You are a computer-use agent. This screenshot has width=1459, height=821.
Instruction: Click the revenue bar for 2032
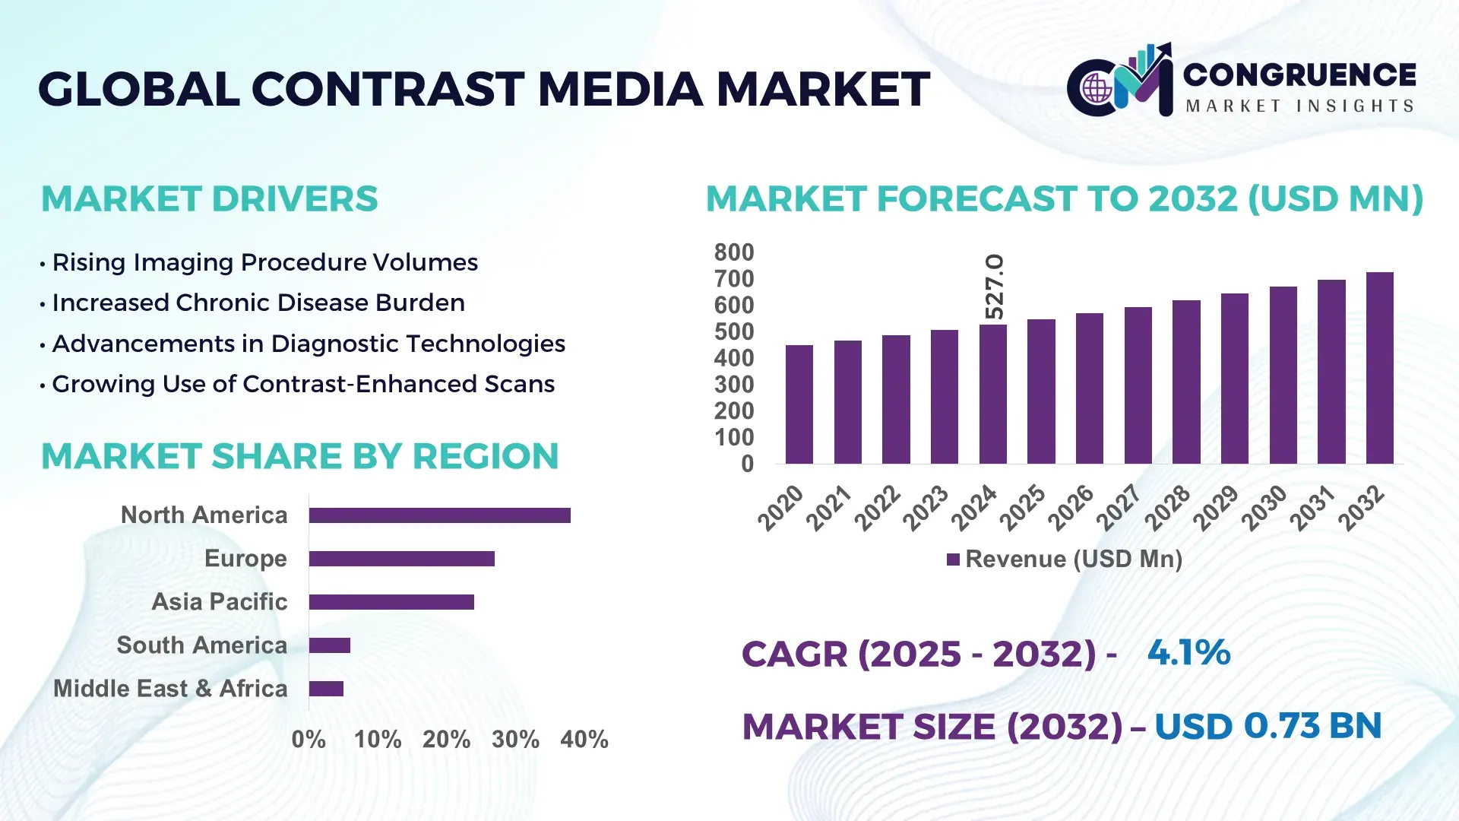[x=1379, y=369]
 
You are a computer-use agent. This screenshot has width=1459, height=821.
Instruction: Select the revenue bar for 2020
[x=799, y=404]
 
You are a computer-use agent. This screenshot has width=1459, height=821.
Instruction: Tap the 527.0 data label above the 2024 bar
[x=994, y=287]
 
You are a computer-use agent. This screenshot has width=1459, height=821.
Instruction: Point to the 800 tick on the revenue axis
[x=733, y=252]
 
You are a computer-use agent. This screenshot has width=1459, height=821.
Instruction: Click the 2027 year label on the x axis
[x=1119, y=507]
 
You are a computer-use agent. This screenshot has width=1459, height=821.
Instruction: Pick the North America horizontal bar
[x=439, y=515]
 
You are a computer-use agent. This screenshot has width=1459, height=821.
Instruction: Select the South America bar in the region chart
[x=329, y=645]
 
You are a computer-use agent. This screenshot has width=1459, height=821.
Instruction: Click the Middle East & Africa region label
[x=170, y=689]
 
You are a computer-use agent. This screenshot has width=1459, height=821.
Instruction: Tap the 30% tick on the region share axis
[x=515, y=739]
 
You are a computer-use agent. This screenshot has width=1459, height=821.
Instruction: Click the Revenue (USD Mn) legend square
[x=953, y=559]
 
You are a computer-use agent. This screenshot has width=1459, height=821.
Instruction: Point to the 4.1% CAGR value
[x=1188, y=652]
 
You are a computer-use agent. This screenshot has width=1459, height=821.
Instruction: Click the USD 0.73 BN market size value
[x=1268, y=726]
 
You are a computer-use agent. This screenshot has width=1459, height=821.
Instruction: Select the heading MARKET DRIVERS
[x=209, y=199]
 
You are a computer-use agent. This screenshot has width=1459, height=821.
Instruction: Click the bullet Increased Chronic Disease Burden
[x=258, y=303]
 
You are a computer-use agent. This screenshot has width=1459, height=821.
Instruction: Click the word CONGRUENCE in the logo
[x=1299, y=74]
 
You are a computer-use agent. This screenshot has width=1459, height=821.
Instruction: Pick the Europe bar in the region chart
[x=401, y=559]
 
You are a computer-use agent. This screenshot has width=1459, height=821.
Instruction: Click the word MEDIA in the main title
[x=620, y=89]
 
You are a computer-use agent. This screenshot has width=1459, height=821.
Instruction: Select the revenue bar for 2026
[x=1089, y=388]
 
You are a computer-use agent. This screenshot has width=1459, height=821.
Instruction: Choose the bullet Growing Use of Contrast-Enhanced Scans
[x=302, y=384]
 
